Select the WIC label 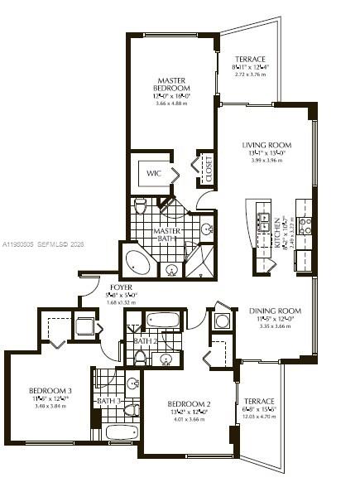pyautogui.click(x=154, y=174)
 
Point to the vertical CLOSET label pyautogui.click(x=209, y=168)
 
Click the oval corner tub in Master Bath pyautogui.click(x=137, y=263)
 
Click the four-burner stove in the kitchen pyautogui.click(x=305, y=224)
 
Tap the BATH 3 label pyautogui.click(x=108, y=401)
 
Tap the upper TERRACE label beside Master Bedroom pyautogui.click(x=249, y=60)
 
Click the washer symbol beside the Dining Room pyautogui.click(x=222, y=320)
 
